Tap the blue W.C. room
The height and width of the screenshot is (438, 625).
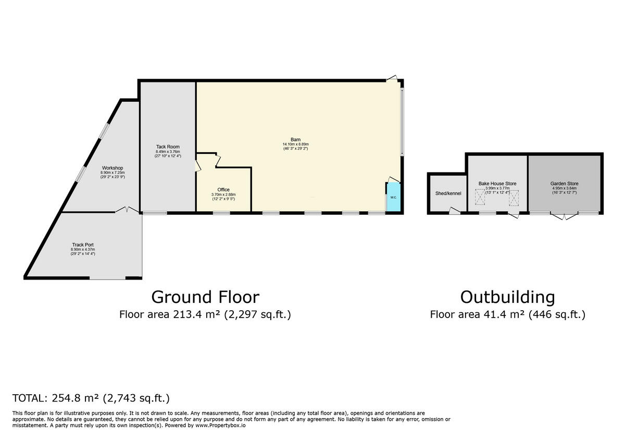click(x=393, y=198)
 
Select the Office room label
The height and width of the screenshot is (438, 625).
click(x=223, y=190)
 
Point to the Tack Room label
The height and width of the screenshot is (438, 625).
click(x=168, y=147)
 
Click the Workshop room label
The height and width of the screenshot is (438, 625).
click(x=113, y=168)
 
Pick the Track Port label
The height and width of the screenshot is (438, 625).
click(x=83, y=245)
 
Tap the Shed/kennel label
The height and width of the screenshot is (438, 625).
click(x=448, y=193)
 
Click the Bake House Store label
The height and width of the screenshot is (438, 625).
click(x=497, y=184)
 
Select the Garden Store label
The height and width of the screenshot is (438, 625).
click(x=564, y=184)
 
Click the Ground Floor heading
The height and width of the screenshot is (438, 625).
click(x=205, y=297)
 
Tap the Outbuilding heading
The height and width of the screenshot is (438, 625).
click(x=507, y=297)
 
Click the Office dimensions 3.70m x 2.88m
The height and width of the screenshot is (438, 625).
click(x=223, y=194)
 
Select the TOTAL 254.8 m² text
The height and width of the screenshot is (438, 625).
click(x=91, y=398)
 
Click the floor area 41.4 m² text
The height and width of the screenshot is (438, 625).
click(x=507, y=314)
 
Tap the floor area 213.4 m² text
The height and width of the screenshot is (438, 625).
click(x=205, y=314)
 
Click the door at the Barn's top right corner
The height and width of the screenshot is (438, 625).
click(x=393, y=78)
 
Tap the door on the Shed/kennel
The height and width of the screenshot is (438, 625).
click(x=455, y=211)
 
